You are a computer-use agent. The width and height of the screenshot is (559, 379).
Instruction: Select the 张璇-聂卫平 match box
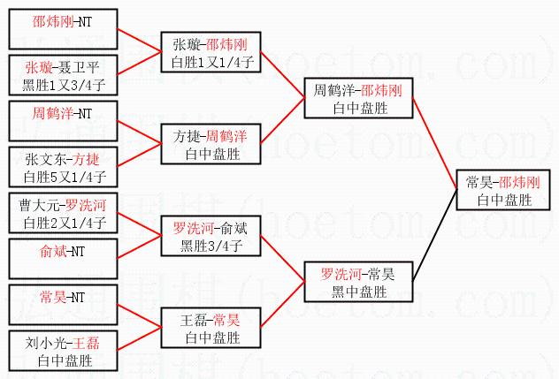[61, 76]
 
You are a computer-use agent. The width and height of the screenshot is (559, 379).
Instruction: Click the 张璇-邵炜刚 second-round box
[211, 53]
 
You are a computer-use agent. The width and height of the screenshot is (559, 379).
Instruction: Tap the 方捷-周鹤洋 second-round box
[211, 145]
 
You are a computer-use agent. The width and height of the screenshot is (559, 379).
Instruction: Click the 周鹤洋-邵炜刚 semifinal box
[357, 99]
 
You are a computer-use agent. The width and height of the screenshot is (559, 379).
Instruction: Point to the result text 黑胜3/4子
[211, 246]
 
